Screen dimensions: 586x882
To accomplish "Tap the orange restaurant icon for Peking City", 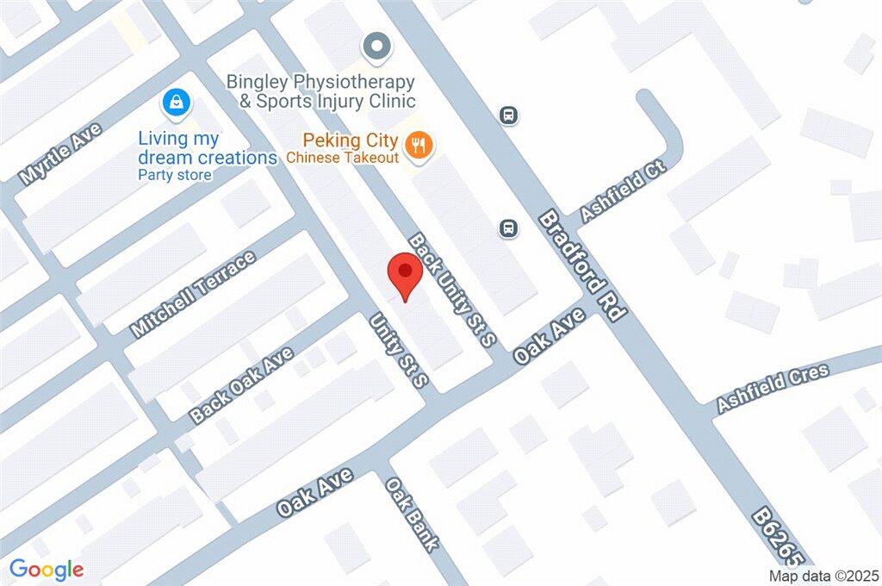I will point(420,145).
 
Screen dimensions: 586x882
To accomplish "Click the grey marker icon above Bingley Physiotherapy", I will point(375,47).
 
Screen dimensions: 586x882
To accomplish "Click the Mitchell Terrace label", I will point(193,294).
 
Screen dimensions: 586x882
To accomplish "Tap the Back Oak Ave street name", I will point(243,384).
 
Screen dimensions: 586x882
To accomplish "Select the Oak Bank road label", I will point(413,515).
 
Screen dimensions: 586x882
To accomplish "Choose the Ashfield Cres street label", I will point(772,386).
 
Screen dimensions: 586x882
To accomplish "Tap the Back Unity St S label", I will point(453,290).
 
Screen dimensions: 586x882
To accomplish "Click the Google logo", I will point(47,570).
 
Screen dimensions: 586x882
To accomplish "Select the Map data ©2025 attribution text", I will point(824,576).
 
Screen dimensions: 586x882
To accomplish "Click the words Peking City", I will point(350,140).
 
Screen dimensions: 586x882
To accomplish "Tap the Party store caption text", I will point(175,175).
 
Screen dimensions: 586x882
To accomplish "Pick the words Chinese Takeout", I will point(343,158).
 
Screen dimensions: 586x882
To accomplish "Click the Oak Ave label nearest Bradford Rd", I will point(548,337).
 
